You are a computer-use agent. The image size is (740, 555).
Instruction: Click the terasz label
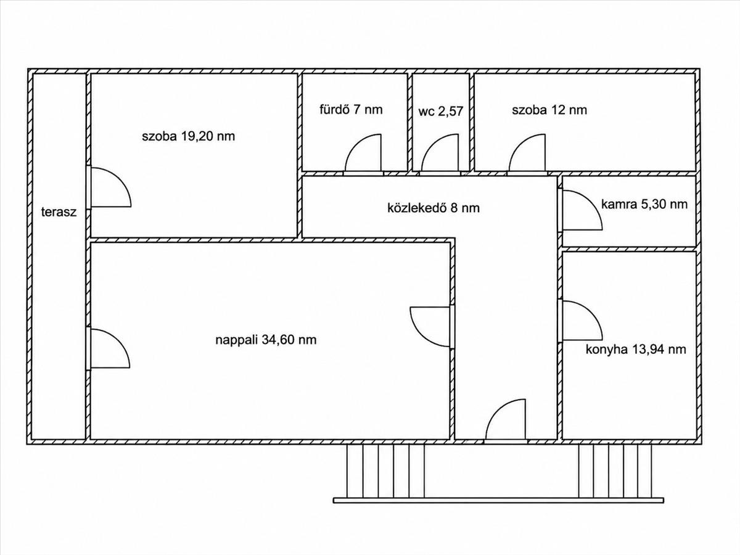coord(59,212)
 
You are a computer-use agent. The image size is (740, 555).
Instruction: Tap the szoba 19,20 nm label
coord(188,136)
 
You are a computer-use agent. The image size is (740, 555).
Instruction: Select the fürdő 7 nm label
coord(351,110)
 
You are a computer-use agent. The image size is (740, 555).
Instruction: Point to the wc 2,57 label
coord(441,111)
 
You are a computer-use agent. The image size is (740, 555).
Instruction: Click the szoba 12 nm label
coord(549,110)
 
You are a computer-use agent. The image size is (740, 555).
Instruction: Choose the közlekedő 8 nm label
coord(434,208)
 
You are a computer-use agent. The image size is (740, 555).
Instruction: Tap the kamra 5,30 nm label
coord(644,204)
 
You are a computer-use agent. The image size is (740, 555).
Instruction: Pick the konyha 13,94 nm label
coord(636,350)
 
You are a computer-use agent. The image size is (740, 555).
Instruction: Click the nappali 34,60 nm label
coord(266,340)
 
